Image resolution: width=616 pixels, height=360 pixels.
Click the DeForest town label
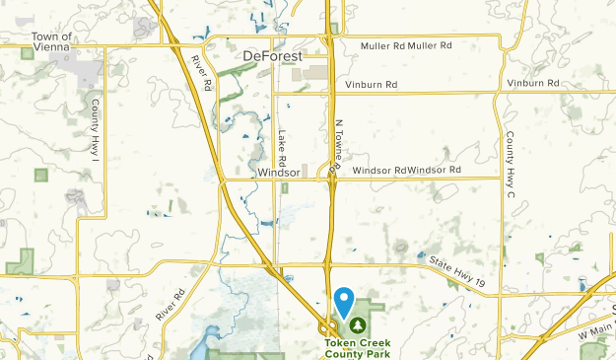tap(273, 57)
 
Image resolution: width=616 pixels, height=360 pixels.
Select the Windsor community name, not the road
tap(277, 172)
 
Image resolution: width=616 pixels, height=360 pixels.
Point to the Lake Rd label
tap(282, 148)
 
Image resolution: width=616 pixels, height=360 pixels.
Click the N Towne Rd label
tap(337, 147)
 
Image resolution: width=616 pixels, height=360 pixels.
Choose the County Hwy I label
tap(97, 122)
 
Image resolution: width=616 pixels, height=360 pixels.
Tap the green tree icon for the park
tap(357, 323)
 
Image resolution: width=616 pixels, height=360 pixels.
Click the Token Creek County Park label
tap(358, 347)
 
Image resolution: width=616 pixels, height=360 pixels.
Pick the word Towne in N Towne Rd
tap(337, 146)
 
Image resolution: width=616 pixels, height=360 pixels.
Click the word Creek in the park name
tap(376, 342)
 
